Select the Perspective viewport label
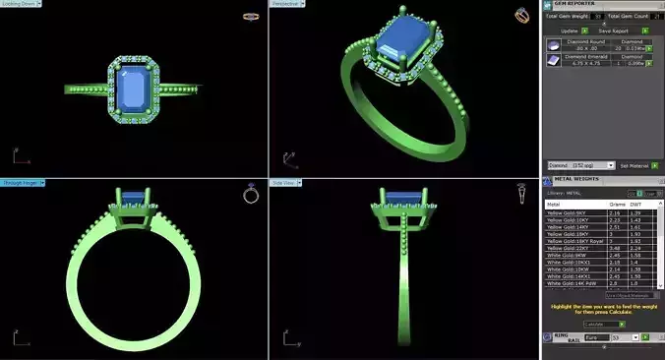[x=286, y=4]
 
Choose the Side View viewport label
[x=285, y=183]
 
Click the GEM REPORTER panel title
[x=575, y=5]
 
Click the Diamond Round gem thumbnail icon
[x=554, y=44]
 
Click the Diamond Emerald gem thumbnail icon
[x=554, y=61]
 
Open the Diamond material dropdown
[x=580, y=165]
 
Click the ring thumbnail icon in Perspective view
[x=520, y=15]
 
